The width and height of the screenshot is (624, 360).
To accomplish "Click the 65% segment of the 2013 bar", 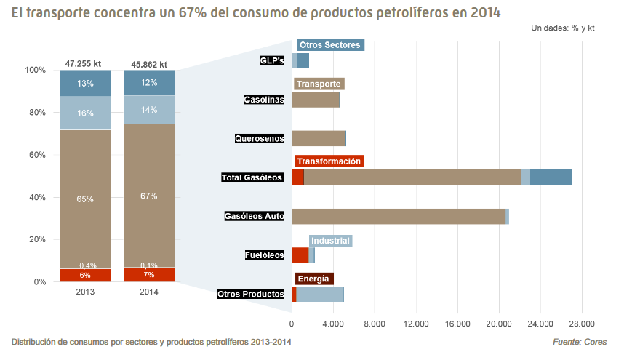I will [x=85, y=199].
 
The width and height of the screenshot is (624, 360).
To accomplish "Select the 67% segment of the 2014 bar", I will [x=149, y=196].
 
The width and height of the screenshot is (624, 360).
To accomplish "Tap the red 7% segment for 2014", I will [x=149, y=275].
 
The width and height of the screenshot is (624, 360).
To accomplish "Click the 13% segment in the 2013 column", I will [x=85, y=83].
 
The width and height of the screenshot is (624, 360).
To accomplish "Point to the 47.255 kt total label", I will [x=85, y=64].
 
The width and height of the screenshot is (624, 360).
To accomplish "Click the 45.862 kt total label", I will [x=149, y=64].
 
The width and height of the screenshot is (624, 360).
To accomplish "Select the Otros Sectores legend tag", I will [x=330, y=45].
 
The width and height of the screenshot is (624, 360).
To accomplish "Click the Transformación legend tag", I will [x=329, y=161].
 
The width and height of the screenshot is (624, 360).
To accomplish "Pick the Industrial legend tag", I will [x=330, y=241].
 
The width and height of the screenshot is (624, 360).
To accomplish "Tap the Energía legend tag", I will [x=313, y=279].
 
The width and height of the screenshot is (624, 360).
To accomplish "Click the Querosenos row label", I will [x=259, y=138].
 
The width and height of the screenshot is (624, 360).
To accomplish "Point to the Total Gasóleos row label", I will [x=252, y=177].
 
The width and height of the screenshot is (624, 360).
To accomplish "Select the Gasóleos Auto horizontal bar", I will [x=399, y=216].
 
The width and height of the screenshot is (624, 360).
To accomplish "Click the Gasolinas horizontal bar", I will [x=315, y=100].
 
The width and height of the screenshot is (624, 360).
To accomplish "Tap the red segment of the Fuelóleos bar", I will [x=300, y=255].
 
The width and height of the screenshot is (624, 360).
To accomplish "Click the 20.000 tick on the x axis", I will [x=499, y=324].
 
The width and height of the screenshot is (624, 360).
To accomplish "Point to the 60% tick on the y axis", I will [x=35, y=155].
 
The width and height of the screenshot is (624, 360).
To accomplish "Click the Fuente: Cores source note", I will [x=580, y=342].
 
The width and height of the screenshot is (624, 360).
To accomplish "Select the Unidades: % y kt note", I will [x=562, y=28].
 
